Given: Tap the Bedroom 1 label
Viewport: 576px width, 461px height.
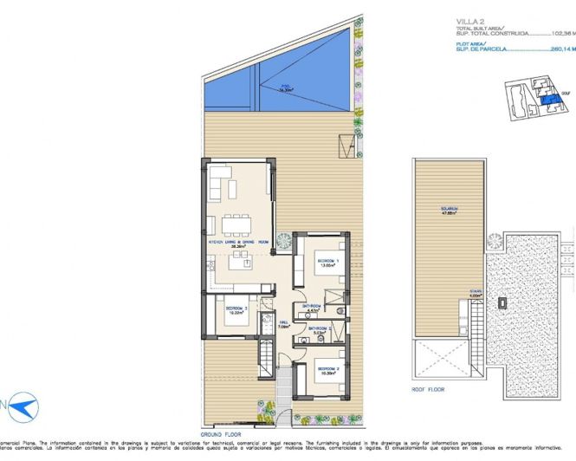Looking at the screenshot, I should click(326, 262).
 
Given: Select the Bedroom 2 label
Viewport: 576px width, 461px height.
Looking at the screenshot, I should click(327, 371).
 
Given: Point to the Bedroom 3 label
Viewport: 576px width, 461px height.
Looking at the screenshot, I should click(237, 310).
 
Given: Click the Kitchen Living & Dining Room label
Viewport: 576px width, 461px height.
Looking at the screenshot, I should click(239, 243).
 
